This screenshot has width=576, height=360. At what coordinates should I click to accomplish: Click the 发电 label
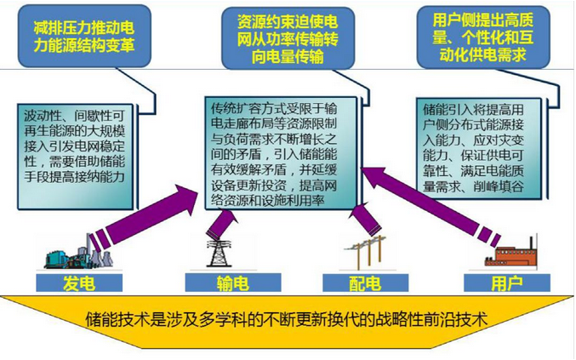coord(79,283)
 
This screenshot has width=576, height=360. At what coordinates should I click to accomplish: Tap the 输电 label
coord(233,283)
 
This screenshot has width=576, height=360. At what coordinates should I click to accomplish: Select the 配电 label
coord(365,283)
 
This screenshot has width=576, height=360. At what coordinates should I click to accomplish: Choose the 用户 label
coord(507,283)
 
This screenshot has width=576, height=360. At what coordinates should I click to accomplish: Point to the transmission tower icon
coord(219,254)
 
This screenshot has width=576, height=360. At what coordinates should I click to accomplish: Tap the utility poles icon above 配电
coord(366,253)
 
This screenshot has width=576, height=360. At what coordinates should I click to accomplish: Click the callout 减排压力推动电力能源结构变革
coord(84,36)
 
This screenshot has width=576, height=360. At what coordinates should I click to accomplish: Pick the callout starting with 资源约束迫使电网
coord(288,38)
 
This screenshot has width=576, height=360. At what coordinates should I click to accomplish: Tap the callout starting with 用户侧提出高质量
coord(483,37)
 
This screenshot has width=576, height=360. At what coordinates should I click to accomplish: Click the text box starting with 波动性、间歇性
coord(76,157)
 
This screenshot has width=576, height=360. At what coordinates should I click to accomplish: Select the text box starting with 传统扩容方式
coord(281,153)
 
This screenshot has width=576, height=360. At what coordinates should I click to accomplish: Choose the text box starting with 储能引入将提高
coord(479,148)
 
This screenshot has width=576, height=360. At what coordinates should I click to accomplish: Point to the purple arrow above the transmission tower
coord(221,223)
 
